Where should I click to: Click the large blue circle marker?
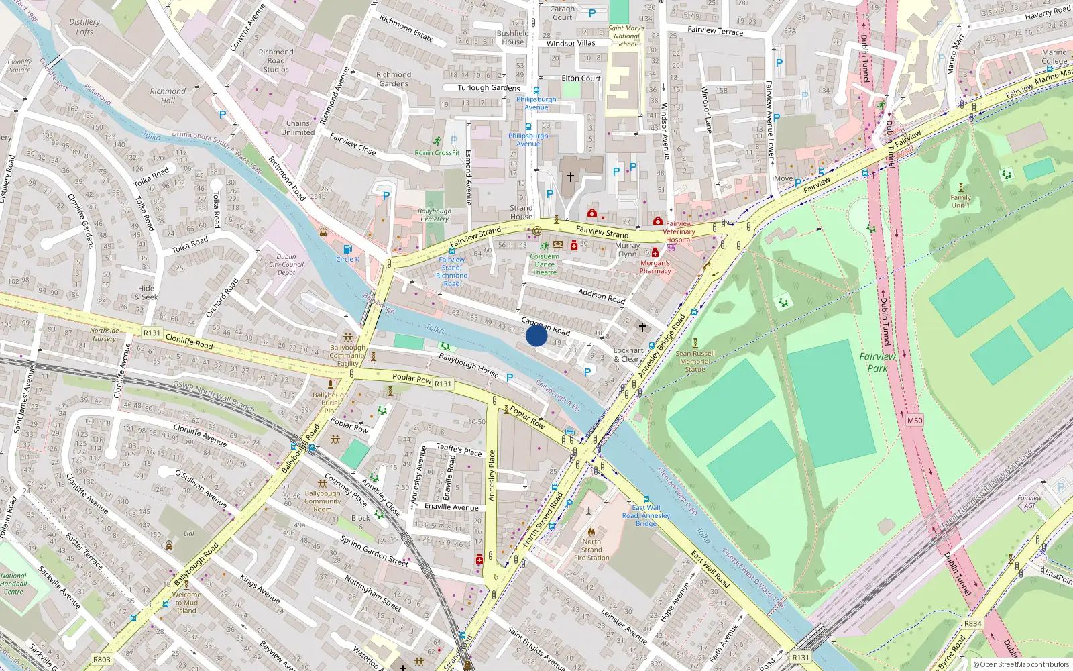coord(536,335)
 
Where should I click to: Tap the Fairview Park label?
coord(877,362)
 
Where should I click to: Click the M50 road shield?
coord(915,421)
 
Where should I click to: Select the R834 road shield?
coord(972,623)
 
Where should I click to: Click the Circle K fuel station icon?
coord(347,249)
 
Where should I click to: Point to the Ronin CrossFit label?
coord(437,153)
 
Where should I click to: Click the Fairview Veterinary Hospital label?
coord(679,231)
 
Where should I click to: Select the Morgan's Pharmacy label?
coord(655,267)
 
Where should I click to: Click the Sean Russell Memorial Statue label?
coord(695,361)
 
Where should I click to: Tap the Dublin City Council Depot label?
coord(286,264)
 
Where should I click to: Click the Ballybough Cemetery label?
coord(435,215)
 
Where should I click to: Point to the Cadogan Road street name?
coord(545,326)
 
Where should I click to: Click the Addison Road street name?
coord(601,296)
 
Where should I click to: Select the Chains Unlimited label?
coord(298,127)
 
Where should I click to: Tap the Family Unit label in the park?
coord(960,201)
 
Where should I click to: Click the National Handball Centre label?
coord(13,584)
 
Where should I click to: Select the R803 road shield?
coord(102,659)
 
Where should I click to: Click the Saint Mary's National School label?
coord(626,36)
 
